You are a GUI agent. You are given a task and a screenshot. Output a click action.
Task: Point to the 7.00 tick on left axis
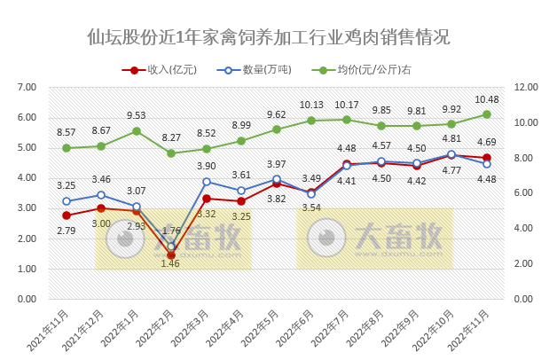click(25, 87)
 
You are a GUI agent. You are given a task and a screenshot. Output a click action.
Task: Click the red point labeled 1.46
click(171, 255)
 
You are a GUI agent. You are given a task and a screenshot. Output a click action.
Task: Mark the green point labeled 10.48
click(487, 114)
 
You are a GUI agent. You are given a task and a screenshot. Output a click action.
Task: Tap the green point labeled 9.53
click(137, 131)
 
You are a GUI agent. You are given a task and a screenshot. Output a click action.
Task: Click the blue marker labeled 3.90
click(207, 182)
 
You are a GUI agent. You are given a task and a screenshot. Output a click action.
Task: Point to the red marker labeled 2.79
click(67, 215)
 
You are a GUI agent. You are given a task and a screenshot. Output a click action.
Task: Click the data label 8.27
click(171, 138)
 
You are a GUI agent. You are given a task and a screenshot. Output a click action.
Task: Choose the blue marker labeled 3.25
click(67, 201)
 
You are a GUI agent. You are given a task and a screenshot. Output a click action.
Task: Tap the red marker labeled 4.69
click(487, 158)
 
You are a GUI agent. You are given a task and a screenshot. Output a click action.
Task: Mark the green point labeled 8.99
click(241, 140)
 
